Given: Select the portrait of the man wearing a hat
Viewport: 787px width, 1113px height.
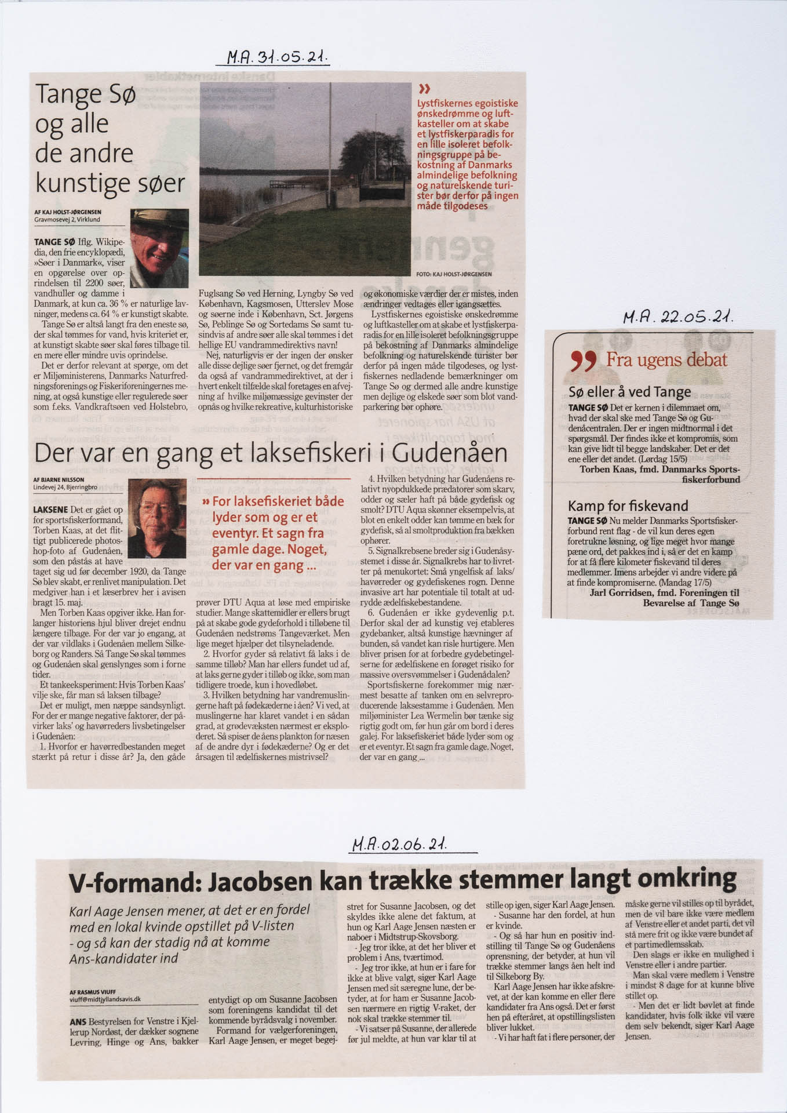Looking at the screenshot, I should click(159, 248).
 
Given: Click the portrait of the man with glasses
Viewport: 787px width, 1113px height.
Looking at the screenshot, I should click(156, 518).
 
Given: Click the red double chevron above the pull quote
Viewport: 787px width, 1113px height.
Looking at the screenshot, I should click(424, 89).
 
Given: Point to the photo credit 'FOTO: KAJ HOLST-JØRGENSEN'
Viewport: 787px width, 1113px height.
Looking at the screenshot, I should click(454, 274).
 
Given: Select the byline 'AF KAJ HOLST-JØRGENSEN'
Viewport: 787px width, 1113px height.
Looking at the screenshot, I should click(68, 212).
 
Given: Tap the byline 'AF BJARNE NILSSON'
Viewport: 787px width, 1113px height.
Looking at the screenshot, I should click(59, 480).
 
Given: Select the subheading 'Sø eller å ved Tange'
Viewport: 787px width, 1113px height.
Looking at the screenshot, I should click(629, 392).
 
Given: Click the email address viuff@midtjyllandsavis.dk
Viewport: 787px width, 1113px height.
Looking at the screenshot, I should click(105, 999).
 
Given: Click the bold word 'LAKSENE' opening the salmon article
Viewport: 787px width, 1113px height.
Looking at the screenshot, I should click(53, 510).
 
